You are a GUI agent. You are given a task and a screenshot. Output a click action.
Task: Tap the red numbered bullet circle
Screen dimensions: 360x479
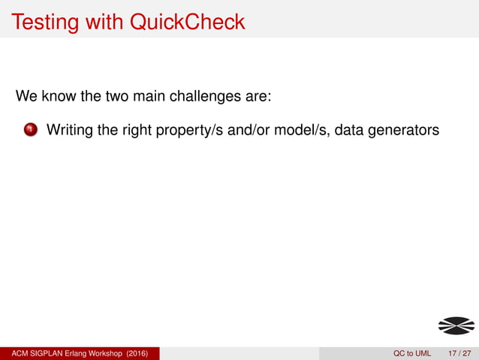click(x=30, y=131)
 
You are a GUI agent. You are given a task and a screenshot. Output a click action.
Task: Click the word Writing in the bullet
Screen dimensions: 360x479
click(x=71, y=131)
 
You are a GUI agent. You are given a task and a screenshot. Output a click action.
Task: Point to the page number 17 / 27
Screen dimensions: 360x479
click(x=459, y=353)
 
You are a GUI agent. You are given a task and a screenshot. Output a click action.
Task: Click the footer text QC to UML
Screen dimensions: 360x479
click(x=412, y=353)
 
